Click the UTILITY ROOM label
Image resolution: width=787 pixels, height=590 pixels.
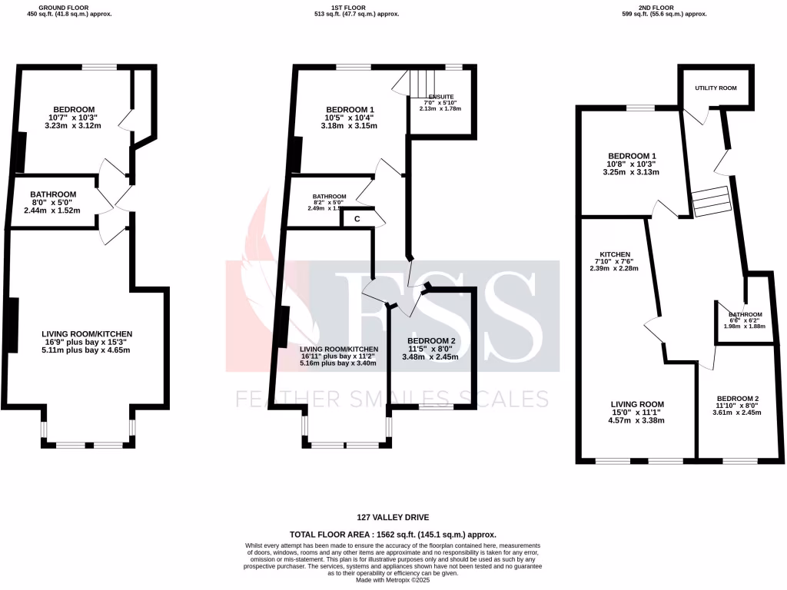716,88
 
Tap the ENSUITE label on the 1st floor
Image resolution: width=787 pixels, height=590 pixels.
440,97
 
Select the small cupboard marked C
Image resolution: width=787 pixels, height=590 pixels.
357,219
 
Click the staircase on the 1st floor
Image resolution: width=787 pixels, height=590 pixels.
420,81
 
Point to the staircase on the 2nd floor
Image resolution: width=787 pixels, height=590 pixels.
711,202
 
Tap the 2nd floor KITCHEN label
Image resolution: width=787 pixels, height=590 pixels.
615,254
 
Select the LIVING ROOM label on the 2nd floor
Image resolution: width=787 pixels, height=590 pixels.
637,404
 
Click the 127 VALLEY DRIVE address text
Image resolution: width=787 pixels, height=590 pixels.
393,518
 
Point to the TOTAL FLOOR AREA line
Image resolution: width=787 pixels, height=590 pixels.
393,534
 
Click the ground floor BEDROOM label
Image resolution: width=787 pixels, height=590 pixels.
74,109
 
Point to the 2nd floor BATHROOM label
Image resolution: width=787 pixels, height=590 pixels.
745,314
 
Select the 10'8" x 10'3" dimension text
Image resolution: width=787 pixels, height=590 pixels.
631,164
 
